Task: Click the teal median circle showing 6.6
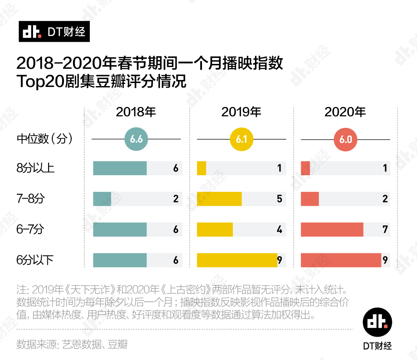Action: (136, 139)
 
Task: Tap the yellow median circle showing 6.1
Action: (242, 139)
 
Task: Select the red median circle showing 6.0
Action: (345, 139)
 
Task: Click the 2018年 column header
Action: (136, 112)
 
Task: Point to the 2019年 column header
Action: (242, 112)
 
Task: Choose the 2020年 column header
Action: (345, 112)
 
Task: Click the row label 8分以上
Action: (36, 168)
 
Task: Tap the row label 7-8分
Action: (30, 199)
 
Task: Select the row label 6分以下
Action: (36, 260)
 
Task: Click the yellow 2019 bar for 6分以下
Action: (237, 260)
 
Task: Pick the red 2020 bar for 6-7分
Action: (332, 230)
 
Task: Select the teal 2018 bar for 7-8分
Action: (102, 199)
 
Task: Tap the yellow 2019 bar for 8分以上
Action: (202, 168)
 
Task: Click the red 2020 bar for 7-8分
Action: (310, 199)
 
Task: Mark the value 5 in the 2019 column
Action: (279, 199)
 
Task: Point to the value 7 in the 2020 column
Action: (385, 230)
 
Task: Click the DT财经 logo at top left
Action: (54, 32)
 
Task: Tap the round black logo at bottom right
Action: (377, 321)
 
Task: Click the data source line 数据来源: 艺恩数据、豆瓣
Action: (72, 344)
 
